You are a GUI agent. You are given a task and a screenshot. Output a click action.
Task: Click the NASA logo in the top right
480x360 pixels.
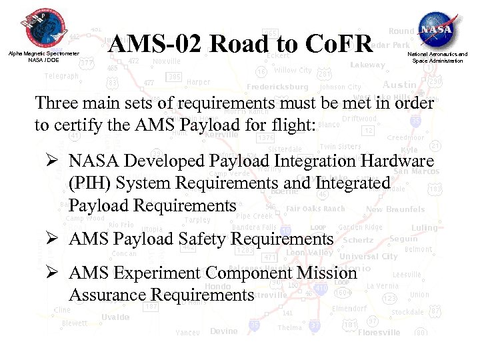coord(438,30)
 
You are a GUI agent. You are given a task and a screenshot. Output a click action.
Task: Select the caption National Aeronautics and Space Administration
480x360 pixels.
coord(438,57)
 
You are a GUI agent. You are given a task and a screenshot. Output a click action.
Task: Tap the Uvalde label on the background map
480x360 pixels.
coord(115,317)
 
